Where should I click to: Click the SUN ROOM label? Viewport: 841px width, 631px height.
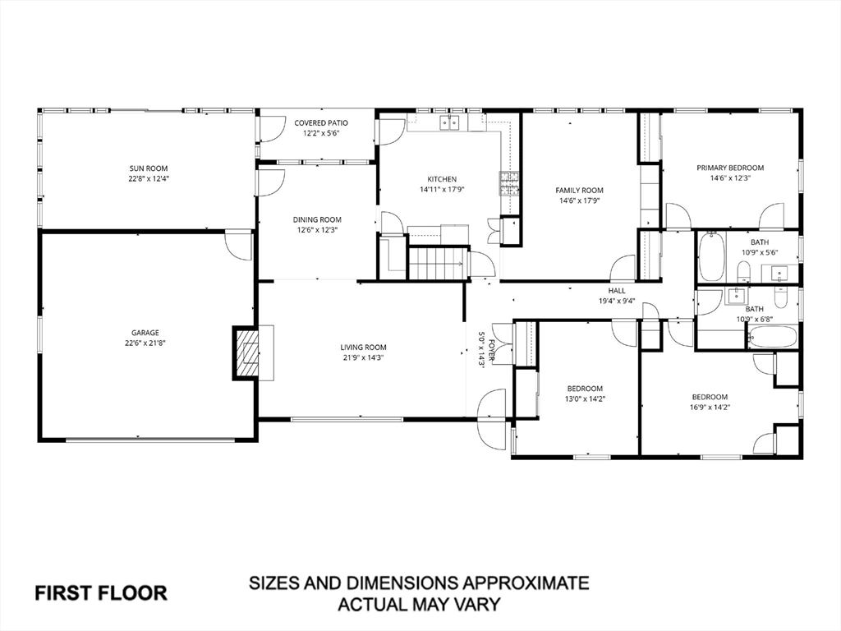[x=148, y=168]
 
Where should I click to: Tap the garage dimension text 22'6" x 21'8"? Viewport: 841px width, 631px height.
[x=145, y=343]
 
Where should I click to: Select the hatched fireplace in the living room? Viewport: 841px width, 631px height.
[x=246, y=353]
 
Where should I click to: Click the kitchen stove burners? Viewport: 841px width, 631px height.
[x=509, y=183]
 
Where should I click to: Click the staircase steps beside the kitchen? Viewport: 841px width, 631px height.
[x=437, y=263]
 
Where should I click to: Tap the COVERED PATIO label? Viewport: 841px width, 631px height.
[x=321, y=123]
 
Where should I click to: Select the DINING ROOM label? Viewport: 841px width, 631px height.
[x=317, y=219]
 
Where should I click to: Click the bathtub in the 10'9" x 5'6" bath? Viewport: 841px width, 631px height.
[x=711, y=256]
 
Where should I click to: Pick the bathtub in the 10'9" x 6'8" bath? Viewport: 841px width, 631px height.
[x=771, y=337]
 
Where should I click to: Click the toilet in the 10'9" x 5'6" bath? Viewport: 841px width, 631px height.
[x=743, y=271]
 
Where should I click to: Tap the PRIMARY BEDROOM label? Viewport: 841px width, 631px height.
[x=730, y=168]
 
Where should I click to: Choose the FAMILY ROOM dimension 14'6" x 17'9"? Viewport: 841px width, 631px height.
[x=579, y=200]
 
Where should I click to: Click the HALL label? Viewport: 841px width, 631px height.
[x=617, y=291]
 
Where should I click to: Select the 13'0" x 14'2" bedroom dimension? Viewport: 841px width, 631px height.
[x=585, y=398]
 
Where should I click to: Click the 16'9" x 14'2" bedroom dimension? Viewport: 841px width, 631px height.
[x=710, y=408]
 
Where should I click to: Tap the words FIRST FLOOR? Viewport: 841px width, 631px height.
[x=101, y=593]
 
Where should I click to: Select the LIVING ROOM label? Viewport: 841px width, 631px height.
[x=363, y=348]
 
